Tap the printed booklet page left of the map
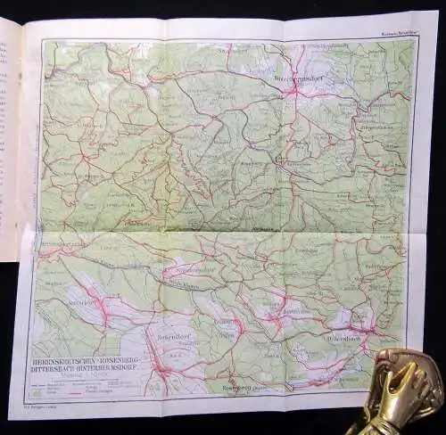tap(10, 134)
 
